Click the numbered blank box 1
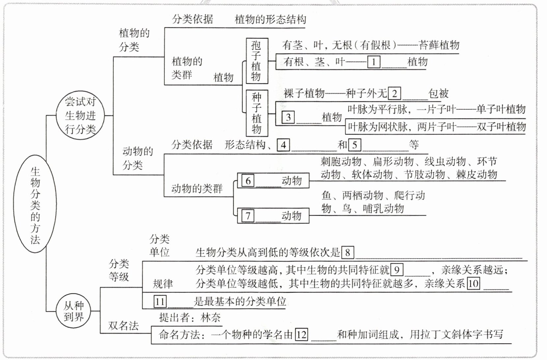pyautogui.click(x=374, y=62)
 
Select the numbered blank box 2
pyautogui.click(x=394, y=94)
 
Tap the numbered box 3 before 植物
pyautogui.click(x=288, y=117)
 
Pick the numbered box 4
pyautogui.click(x=283, y=145)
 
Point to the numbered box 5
pyautogui.click(x=355, y=145)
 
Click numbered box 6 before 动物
pyautogui.click(x=248, y=181)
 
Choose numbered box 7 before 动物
pyautogui.click(x=248, y=216)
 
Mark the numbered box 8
pyautogui.click(x=348, y=253)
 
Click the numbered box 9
pyautogui.click(x=397, y=270)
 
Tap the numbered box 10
pyautogui.click(x=473, y=284)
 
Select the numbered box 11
pyautogui.click(x=160, y=302)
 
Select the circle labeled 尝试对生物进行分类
pyautogui.click(x=80, y=115)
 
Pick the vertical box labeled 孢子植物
pyautogui.click(x=257, y=61)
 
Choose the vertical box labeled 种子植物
pyautogui.click(x=257, y=113)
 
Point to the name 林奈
pyautogui.click(x=211, y=318)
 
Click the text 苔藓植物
pyautogui.click(x=439, y=45)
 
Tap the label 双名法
pyautogui.click(x=124, y=326)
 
